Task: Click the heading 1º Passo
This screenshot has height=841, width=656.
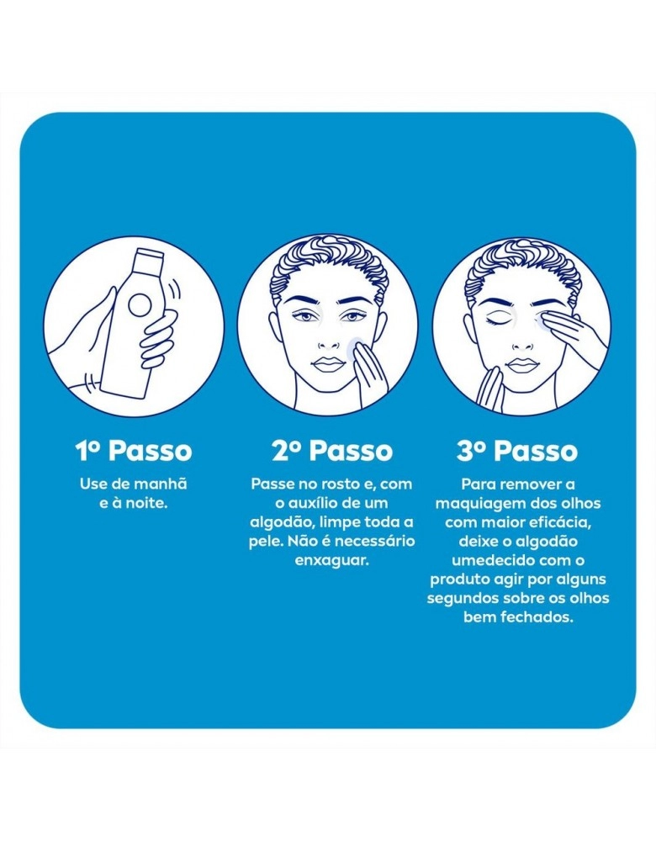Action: pyautogui.click(x=134, y=451)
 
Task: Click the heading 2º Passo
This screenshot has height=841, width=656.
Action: pyautogui.click(x=332, y=451)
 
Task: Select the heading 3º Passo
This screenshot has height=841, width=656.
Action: pyautogui.click(x=517, y=451)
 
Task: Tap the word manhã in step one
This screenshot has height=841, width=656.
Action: pyautogui.click(x=161, y=484)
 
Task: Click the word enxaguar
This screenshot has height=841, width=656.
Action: pyautogui.click(x=332, y=561)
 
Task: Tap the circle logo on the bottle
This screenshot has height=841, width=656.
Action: pyautogui.click(x=140, y=305)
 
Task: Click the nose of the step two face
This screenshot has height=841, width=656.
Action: pyautogui.click(x=328, y=339)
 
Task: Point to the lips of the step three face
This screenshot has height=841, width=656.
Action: pyautogui.click(x=523, y=366)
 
